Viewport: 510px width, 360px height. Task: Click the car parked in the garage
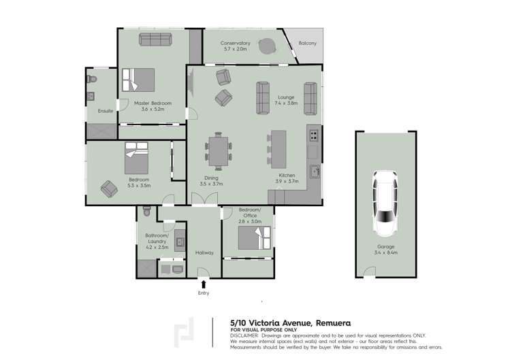[386, 202]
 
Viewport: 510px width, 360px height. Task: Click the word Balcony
[308, 44]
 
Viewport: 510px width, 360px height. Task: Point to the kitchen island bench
[278, 149]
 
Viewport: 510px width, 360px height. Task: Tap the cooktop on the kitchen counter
[313, 135]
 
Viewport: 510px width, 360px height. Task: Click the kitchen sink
[314, 170]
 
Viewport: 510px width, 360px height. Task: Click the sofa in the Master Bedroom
[156, 39]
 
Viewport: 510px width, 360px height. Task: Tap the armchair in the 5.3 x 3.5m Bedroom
[108, 188]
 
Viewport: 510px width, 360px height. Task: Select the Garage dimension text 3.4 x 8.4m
[386, 253]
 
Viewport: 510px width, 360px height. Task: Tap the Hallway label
[204, 252]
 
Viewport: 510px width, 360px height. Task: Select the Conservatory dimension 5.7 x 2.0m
[236, 50]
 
